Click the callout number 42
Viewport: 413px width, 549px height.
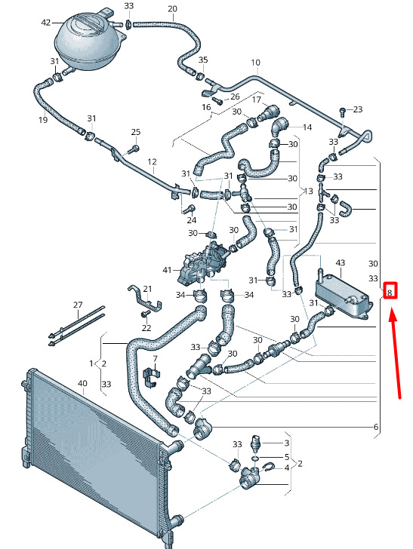tap(46, 23)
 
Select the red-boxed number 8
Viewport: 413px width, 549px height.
tap(390, 291)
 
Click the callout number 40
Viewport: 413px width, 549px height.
tap(82, 383)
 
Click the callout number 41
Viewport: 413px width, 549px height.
tap(167, 270)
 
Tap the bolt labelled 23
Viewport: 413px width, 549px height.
tap(343, 112)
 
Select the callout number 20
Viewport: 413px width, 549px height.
tap(172, 9)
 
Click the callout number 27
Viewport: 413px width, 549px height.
tap(78, 305)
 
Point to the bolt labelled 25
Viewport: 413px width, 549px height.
tap(133, 149)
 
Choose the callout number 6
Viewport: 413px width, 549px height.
tap(376, 427)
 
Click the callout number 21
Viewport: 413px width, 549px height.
tap(147, 289)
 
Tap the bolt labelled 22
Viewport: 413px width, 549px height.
tap(144, 314)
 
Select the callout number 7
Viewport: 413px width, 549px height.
tap(155, 359)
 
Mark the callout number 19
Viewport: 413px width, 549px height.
tap(43, 120)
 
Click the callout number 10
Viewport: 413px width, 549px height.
tap(256, 63)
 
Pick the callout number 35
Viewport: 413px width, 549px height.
tap(203, 60)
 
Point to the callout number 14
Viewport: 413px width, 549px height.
tap(307, 127)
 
